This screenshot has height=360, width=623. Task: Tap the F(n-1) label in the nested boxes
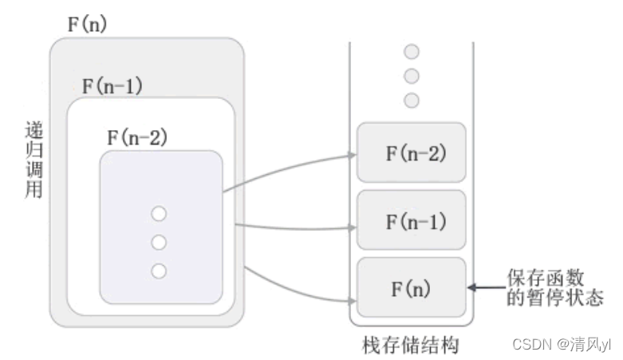(112, 85)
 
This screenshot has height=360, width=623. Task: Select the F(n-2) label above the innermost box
(137, 136)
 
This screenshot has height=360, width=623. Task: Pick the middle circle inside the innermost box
(160, 242)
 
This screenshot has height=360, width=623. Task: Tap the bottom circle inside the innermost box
(160, 271)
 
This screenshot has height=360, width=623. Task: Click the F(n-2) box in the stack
(412, 152)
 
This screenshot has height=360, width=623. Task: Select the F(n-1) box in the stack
(412, 220)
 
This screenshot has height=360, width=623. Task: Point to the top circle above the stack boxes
(412, 53)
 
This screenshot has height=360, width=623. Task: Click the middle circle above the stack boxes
(412, 77)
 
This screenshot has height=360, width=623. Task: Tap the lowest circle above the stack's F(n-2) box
(412, 101)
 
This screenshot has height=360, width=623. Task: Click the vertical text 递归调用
(33, 159)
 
